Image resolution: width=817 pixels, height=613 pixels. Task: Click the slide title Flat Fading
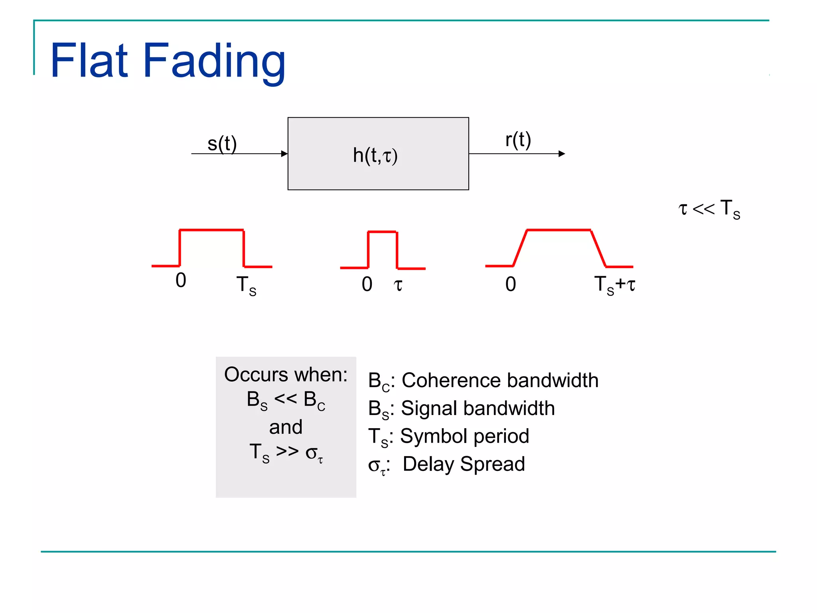(168, 61)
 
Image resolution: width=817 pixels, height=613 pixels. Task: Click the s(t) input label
(222, 144)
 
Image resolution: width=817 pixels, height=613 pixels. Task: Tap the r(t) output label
(518, 140)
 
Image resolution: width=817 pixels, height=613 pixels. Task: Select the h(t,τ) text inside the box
(375, 155)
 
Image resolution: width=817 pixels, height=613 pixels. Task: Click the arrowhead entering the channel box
(284, 154)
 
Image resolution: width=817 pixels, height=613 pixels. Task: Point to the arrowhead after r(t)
(562, 154)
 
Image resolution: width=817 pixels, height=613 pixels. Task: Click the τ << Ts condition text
(709, 209)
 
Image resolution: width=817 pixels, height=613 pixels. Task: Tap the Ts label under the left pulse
(246, 286)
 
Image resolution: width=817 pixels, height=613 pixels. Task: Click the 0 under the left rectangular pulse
(181, 280)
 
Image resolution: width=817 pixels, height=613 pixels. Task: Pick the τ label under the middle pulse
(398, 285)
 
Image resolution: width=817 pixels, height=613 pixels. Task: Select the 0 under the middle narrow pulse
(367, 285)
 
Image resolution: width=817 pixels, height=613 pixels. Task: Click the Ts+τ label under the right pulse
(614, 285)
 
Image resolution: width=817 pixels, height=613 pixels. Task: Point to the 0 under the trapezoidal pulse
(511, 285)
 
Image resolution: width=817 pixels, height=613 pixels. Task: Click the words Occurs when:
(286, 375)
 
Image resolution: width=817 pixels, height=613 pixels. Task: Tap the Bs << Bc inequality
(286, 400)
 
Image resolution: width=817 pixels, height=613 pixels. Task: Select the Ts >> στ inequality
(286, 453)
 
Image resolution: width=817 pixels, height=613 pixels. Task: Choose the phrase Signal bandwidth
(478, 408)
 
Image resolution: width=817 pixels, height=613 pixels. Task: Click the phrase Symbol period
(464, 436)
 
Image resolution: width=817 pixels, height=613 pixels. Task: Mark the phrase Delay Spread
(464, 464)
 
